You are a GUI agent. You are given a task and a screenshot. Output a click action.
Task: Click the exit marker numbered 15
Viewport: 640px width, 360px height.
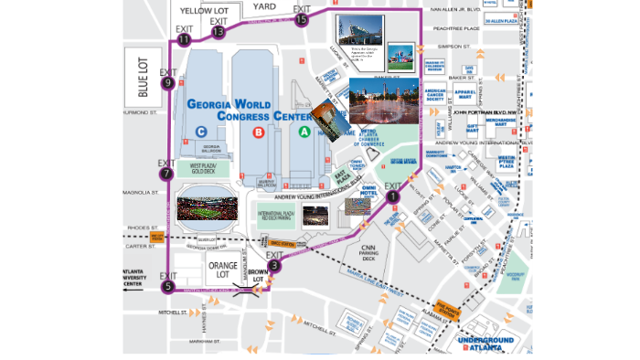coord(302,19)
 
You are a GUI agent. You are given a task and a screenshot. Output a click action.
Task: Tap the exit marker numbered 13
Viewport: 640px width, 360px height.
coord(218,32)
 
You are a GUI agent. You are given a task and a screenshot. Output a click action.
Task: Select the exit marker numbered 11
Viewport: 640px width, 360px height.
coord(185,39)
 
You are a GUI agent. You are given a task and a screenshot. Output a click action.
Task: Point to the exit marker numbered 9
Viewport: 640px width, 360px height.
coord(167,83)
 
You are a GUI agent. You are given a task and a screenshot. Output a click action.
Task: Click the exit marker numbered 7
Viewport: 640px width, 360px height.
coord(165,174)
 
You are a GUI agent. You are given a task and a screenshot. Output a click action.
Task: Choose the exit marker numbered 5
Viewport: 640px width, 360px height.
coord(167,287)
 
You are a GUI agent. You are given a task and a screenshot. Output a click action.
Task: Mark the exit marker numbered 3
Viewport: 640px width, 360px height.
coord(275,267)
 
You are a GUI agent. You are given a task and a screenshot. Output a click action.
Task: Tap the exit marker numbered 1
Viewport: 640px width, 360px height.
coord(393,196)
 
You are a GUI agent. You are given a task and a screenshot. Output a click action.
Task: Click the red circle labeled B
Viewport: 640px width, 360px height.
coord(259,132)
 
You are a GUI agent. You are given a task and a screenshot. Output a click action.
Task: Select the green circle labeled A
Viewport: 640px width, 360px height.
coord(305,132)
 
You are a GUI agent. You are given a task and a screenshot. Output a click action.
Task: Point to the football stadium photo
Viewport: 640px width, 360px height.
coord(207,207)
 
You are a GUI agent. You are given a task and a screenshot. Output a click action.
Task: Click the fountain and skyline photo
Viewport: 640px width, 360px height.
coord(384,101)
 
